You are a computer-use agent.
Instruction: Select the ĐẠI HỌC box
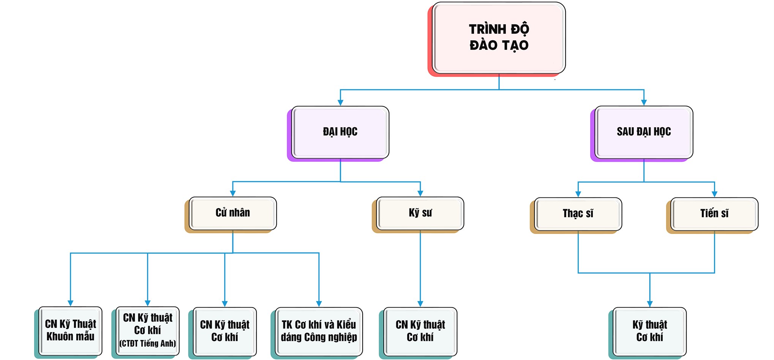tap(340, 132)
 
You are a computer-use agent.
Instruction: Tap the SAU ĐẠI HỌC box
tap(643, 132)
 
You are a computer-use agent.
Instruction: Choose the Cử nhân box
tap(232, 213)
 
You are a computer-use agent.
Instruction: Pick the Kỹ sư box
tap(420, 213)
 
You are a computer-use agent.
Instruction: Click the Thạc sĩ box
tap(578, 213)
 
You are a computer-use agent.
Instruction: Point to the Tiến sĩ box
tap(714, 213)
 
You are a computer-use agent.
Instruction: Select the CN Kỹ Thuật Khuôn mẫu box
tap(70, 330)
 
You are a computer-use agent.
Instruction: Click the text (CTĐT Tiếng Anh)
tap(147, 344)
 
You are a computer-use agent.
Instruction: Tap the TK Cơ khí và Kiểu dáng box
tap(319, 331)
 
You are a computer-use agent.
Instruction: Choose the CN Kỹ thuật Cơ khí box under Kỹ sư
tap(420, 331)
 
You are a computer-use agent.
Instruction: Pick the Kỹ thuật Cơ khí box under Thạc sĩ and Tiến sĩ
tap(649, 331)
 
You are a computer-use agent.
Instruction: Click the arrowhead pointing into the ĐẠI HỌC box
tap(340, 103)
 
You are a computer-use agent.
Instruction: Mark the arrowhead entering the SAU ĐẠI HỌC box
tap(644, 103)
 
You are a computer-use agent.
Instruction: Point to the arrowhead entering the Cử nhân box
tap(233, 194)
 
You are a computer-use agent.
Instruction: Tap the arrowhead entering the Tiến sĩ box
tap(714, 194)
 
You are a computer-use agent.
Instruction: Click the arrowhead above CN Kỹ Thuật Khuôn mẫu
tap(70, 303)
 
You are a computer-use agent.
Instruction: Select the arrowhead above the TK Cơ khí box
tap(319, 304)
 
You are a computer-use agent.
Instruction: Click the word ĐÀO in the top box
tap(483, 46)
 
